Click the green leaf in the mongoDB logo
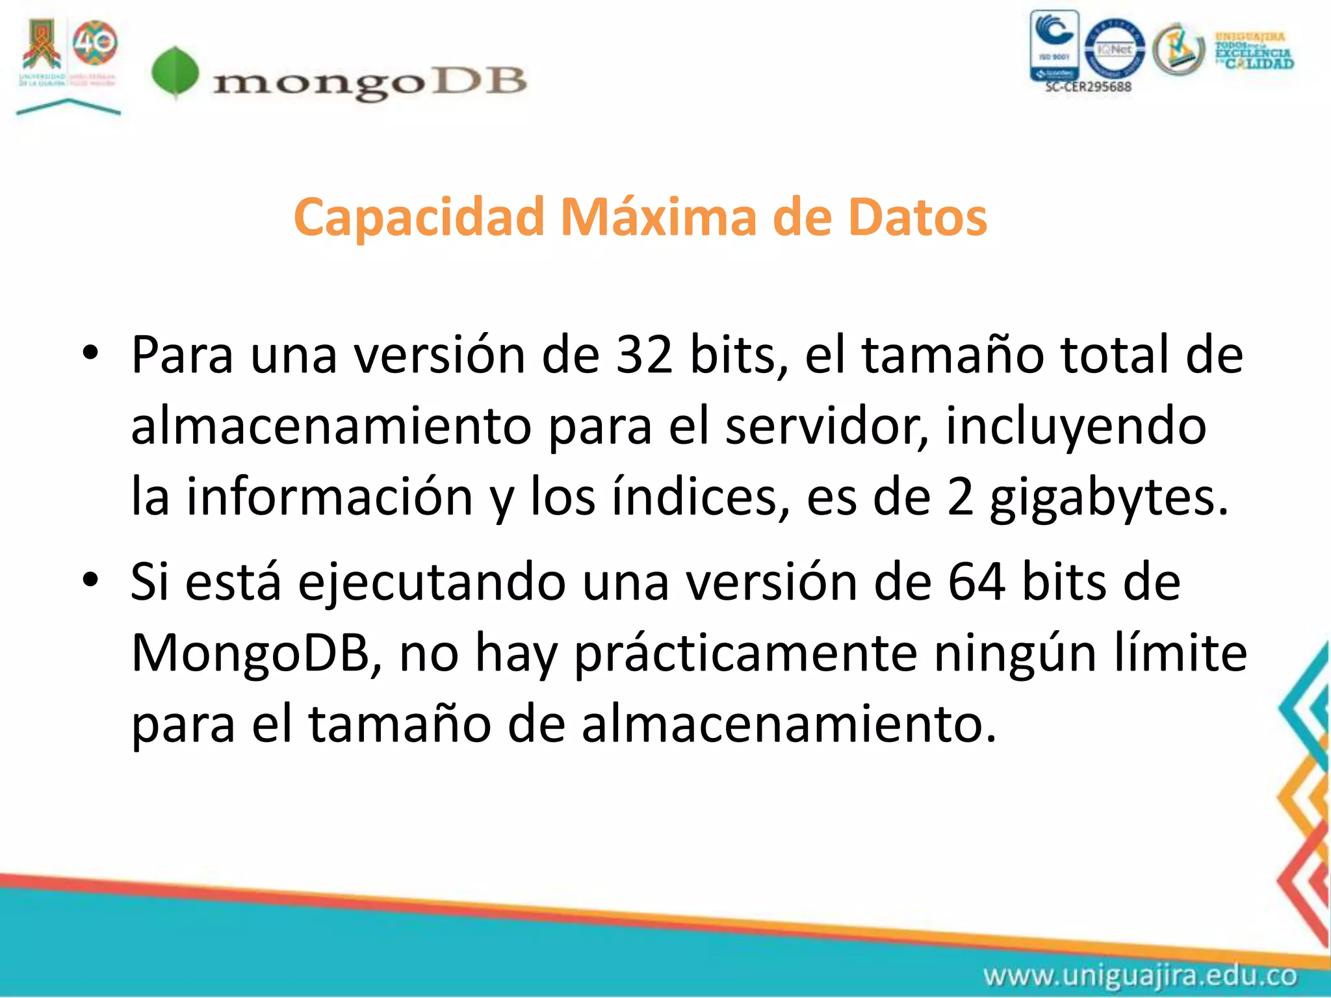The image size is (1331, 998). (x=175, y=72)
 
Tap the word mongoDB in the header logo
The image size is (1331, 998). (x=369, y=83)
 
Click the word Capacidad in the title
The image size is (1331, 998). (x=419, y=217)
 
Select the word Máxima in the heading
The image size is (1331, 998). (x=658, y=217)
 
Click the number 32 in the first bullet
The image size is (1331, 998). (x=644, y=355)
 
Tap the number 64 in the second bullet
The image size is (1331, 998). (x=977, y=582)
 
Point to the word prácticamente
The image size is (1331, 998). (x=746, y=653)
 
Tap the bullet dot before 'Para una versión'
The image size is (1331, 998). (x=90, y=354)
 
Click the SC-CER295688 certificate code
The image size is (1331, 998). (x=1088, y=86)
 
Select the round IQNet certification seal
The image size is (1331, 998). (x=1115, y=48)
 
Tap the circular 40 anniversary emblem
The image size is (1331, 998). (x=95, y=43)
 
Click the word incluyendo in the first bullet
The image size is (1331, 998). (x=1076, y=426)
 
